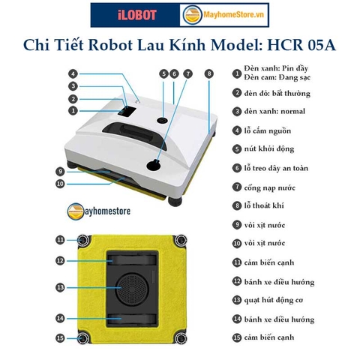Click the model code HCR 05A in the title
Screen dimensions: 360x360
(x=300, y=45)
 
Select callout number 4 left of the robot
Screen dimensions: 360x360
(x=73, y=74)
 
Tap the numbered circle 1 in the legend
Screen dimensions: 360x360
(x=237, y=74)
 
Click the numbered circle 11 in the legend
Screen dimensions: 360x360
(x=237, y=262)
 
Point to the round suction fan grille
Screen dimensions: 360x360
(x=136, y=287)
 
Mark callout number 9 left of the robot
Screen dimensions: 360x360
(x=60, y=171)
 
